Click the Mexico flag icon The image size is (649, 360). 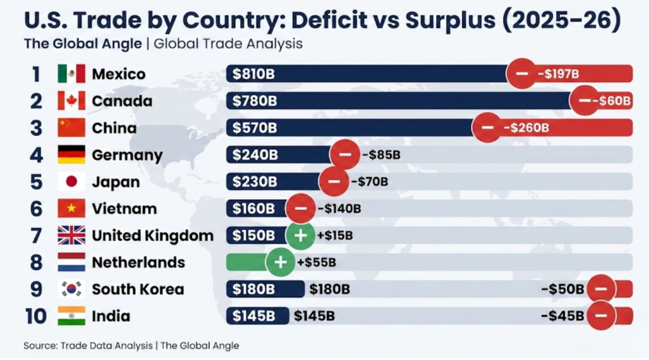(71, 74)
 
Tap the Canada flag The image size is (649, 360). (71, 101)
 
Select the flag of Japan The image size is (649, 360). (71, 182)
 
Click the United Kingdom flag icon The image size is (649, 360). (71, 236)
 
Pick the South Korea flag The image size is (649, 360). (71, 290)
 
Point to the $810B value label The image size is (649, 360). (254, 74)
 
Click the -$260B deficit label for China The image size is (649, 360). (526, 128)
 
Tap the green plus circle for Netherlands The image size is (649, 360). (280, 262)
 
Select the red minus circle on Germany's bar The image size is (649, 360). (345, 155)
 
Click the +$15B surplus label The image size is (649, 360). (335, 236)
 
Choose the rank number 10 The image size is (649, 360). (36, 316)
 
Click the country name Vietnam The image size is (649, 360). (124, 209)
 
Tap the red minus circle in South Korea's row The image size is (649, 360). (601, 290)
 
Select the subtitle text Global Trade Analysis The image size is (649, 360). (228, 44)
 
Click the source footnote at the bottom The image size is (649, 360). (131, 345)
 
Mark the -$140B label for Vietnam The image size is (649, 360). (338, 209)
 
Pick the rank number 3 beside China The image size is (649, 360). (36, 128)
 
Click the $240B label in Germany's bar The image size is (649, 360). (254, 155)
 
